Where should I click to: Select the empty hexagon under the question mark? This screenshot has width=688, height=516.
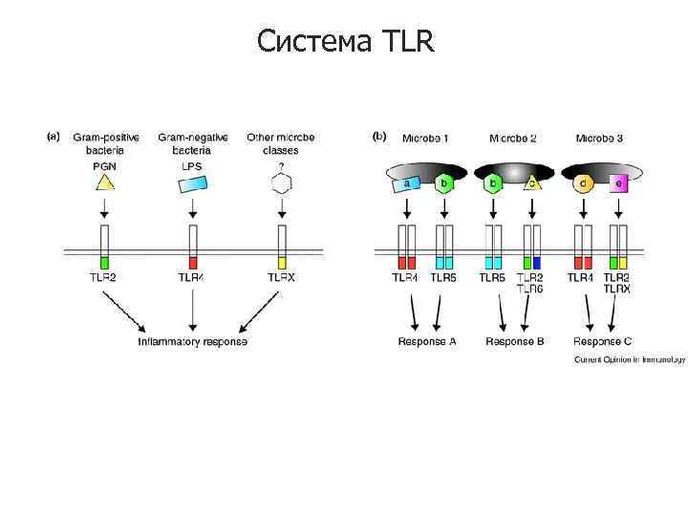(281, 183)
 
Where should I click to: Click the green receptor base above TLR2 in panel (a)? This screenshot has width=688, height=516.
(105, 262)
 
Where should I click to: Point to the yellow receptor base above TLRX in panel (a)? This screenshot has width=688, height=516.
(281, 262)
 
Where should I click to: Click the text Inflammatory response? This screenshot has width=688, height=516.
(192, 341)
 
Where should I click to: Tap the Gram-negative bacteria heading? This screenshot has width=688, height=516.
(192, 143)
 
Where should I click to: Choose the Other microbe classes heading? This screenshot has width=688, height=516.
(281, 143)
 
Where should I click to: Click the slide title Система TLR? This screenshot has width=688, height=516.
(345, 41)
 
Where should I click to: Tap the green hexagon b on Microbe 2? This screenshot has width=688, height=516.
(493, 183)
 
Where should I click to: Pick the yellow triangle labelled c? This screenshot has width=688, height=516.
(530, 183)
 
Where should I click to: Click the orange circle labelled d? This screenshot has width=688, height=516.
(582, 183)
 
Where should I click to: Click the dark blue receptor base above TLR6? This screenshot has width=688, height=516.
(537, 262)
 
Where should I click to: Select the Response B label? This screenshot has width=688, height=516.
(515, 341)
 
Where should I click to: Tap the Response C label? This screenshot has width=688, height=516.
(602, 341)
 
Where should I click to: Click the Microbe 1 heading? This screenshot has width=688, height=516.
(425, 138)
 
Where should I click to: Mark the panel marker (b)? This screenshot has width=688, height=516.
(379, 137)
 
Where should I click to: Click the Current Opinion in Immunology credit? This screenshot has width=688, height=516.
(630, 360)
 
